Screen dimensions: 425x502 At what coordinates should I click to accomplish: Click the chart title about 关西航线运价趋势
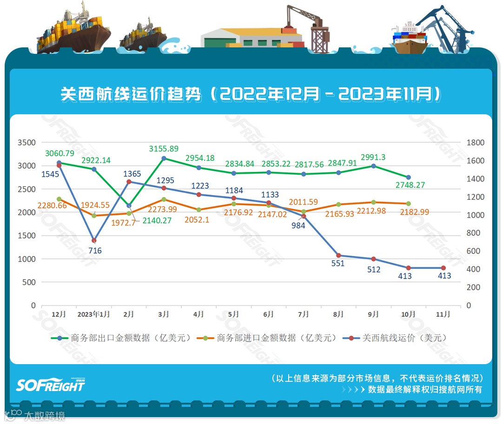[x=251, y=94]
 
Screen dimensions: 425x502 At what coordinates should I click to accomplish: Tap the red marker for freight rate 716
[x=94, y=241]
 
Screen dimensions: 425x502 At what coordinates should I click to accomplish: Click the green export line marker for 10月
[x=409, y=177]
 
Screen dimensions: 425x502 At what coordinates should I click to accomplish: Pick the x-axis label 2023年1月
[x=94, y=314]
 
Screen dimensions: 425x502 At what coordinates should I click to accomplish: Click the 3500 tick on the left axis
[x=26, y=143]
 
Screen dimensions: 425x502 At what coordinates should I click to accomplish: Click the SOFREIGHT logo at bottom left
[x=50, y=385]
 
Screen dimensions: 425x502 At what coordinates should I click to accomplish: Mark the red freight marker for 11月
[x=443, y=268]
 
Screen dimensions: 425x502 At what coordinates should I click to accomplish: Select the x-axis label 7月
[x=304, y=314]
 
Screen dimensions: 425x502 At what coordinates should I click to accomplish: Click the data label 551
[x=338, y=263]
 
